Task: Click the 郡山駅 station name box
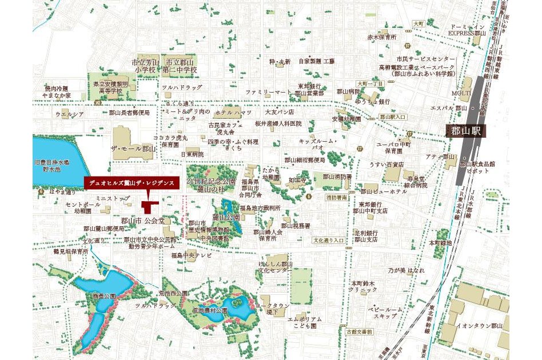pyautogui.click(x=467, y=131)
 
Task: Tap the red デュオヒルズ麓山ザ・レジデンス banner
pyautogui.click(x=131, y=183)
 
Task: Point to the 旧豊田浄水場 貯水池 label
pyautogui.click(x=51, y=166)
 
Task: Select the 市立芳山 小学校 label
pyautogui.click(x=144, y=66)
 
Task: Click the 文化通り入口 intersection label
pyautogui.click(x=328, y=241)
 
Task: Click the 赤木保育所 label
pyautogui.click(x=382, y=37)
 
